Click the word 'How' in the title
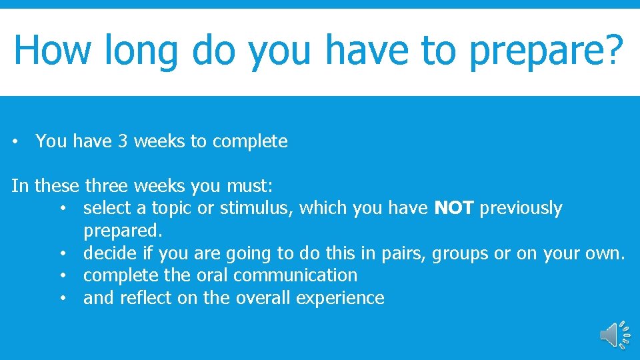pyautogui.click(x=49, y=49)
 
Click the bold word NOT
pyautogui.click(x=454, y=208)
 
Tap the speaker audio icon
pyautogui.click(x=614, y=334)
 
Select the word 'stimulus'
pyautogui.click(x=256, y=208)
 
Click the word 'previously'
pyautogui.click(x=521, y=209)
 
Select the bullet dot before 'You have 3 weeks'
pyautogui.click(x=15, y=142)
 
